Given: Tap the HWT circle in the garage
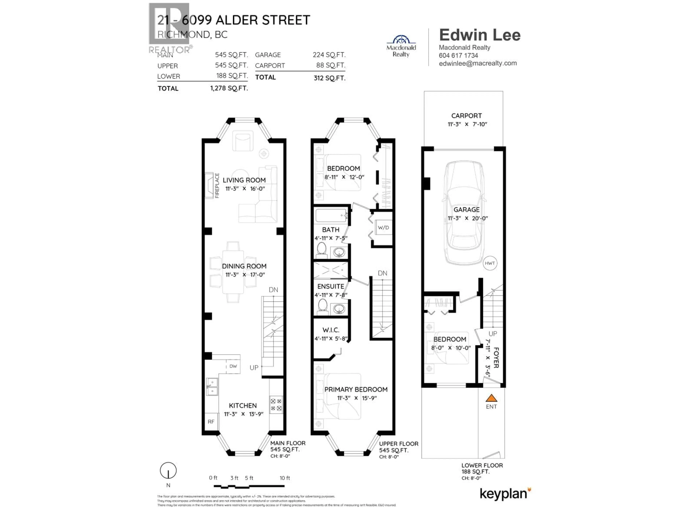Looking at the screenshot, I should (490, 263).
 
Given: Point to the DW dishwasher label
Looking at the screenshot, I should (233, 366).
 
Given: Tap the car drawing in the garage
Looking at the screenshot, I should (464, 213).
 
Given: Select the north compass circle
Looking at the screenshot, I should (168, 471).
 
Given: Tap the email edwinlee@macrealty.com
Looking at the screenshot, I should (478, 63).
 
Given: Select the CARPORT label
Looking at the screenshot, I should (466, 116).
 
